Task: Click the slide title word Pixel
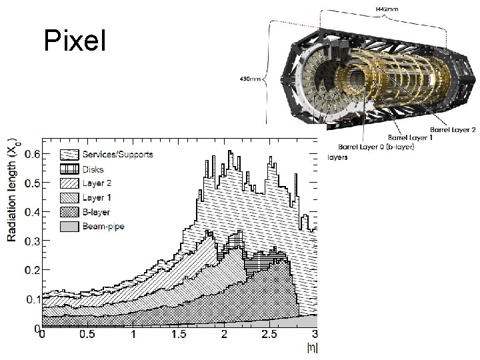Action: click(x=75, y=40)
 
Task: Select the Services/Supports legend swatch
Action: click(x=69, y=155)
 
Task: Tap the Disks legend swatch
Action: click(x=69, y=169)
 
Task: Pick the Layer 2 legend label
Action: click(x=97, y=183)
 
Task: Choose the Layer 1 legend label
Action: click(x=97, y=198)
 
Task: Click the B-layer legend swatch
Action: click(x=69, y=212)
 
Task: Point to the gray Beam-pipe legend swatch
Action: click(x=69, y=227)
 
